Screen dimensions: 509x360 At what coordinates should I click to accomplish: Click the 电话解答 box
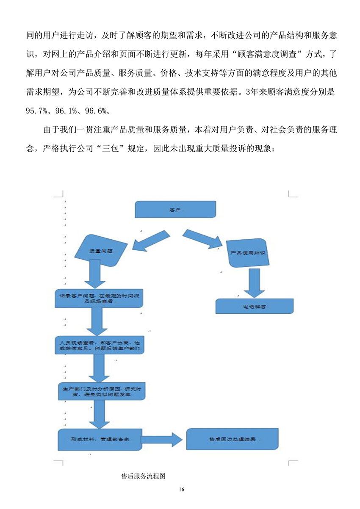coord(254,306)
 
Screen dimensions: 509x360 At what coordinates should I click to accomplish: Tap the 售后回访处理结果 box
coord(233,439)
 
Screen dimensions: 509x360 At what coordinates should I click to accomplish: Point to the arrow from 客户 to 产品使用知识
coord(202,239)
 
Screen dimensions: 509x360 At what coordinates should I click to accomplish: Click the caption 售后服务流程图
coord(143,476)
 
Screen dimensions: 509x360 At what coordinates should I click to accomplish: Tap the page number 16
coord(182,490)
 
